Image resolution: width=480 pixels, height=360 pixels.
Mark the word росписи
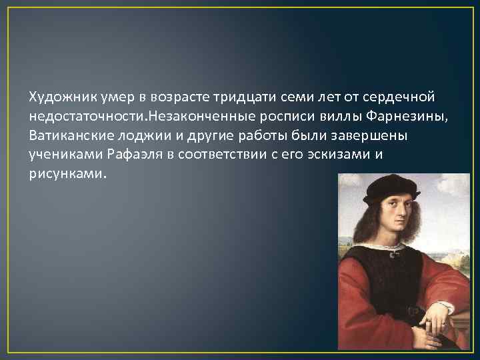(296, 117)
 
